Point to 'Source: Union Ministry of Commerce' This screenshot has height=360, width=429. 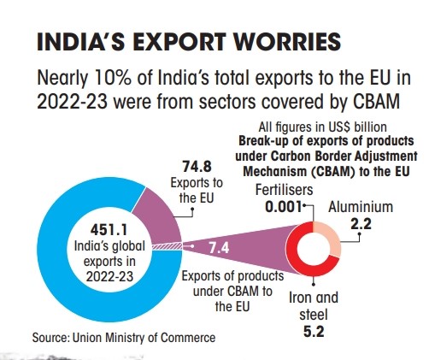123,337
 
